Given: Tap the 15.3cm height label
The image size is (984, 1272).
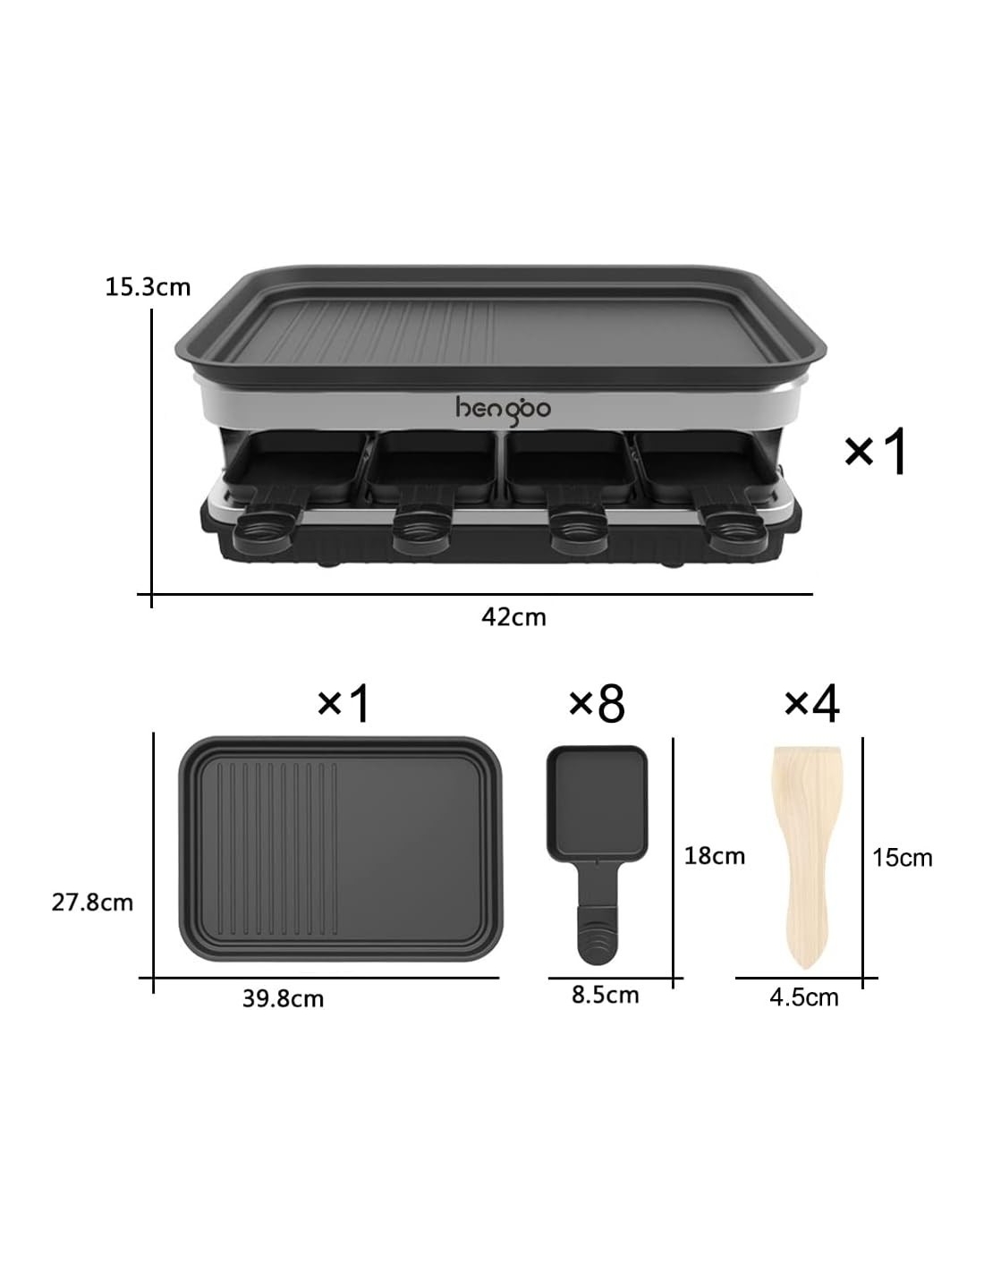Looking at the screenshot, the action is coord(148,287).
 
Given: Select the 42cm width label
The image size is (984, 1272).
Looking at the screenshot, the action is coord(513,617).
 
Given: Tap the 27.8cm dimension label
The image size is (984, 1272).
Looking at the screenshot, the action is coord(92,903).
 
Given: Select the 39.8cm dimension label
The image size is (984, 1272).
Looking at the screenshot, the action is coord(283,998).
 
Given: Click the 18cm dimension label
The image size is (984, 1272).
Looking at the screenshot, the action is coord(714,856).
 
